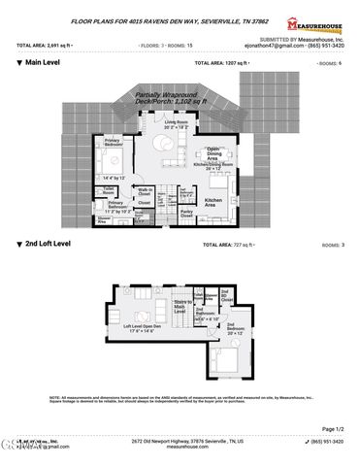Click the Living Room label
click(x=177, y=123)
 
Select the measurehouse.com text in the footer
click(x=180, y=448)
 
